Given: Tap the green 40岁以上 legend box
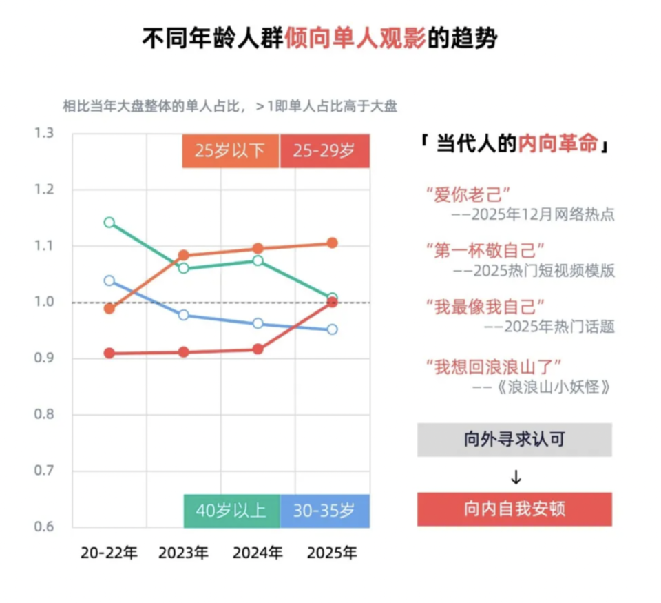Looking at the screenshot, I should (x=231, y=511).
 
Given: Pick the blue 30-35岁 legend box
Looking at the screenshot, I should (x=324, y=511).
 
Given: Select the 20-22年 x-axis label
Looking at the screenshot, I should (x=109, y=553).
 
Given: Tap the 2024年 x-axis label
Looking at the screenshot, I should (x=258, y=553).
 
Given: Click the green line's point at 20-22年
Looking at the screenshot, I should (x=109, y=223).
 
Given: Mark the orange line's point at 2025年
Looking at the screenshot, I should (x=332, y=243).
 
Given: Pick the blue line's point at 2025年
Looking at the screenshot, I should (x=332, y=329).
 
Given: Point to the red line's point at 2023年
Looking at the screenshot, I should (x=183, y=352).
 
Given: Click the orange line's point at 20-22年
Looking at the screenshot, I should (x=109, y=308).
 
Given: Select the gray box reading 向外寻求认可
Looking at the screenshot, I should (x=514, y=440).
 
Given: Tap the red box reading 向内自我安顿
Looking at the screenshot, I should (x=514, y=509).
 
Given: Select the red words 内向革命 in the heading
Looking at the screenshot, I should (x=558, y=145).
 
